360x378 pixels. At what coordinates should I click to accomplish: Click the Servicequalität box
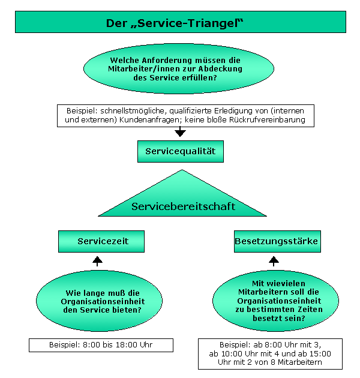tap(181, 151)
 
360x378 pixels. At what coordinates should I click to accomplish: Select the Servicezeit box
tap(101, 241)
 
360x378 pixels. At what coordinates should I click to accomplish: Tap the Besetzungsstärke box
tap(277, 241)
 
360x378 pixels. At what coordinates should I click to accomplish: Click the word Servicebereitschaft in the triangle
tap(183, 206)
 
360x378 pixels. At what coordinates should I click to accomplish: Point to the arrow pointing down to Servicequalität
tap(180, 131)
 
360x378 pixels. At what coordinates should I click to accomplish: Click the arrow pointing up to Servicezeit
tap(97, 262)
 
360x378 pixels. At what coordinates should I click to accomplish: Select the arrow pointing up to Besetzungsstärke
tap(274, 262)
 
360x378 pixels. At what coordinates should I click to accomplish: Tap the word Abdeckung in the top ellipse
tap(220, 69)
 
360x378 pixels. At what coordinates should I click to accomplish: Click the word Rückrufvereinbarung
tap(267, 120)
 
